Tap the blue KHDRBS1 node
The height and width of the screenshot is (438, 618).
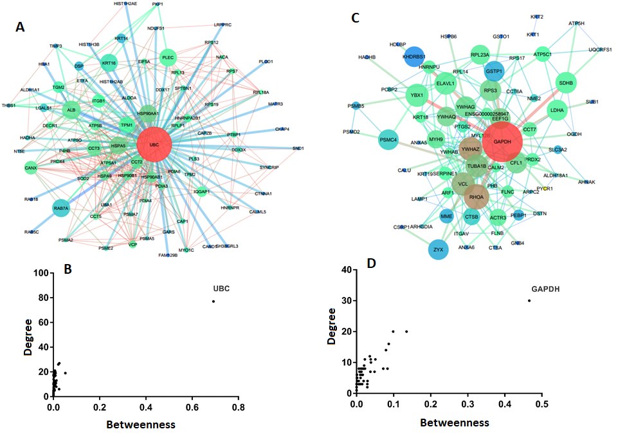pyautogui.click(x=414, y=56)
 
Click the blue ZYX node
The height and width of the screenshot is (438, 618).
pyautogui.click(x=438, y=248)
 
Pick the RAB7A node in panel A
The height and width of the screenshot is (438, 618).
pyautogui.click(x=60, y=207)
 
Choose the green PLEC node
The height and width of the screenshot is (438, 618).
pyautogui.click(x=168, y=57)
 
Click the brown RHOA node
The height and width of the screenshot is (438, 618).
pyautogui.click(x=477, y=196)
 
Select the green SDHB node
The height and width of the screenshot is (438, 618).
pyautogui.click(x=566, y=82)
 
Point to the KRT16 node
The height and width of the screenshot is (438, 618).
pyautogui.click(x=109, y=63)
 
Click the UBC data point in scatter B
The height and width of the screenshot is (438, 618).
pyautogui.click(x=213, y=301)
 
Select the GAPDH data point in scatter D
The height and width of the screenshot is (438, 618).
pyautogui.click(x=529, y=300)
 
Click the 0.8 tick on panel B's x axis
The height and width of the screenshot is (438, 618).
pyautogui.click(x=239, y=408)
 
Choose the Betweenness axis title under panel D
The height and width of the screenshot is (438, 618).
pyautogui.click(x=454, y=423)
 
